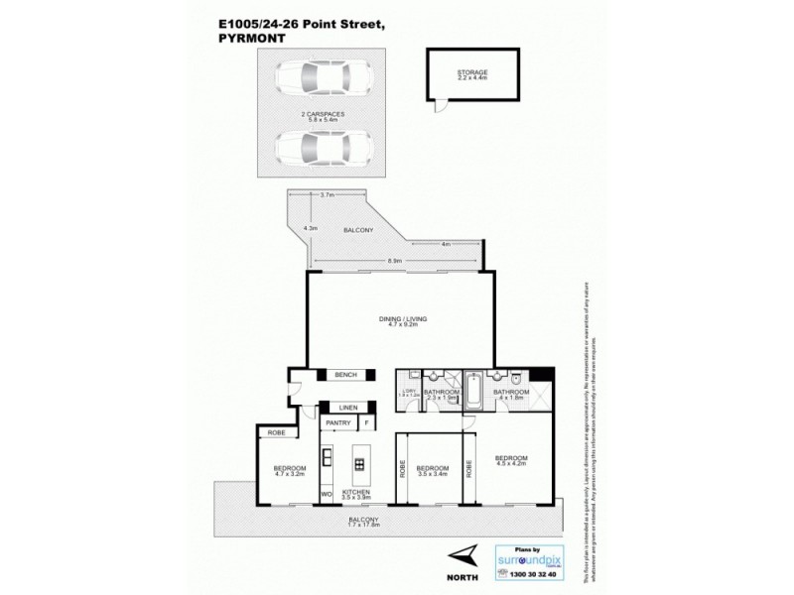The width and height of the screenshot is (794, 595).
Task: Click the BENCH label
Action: [x=345, y=374]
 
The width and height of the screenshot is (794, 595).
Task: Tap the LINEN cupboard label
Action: [x=346, y=408]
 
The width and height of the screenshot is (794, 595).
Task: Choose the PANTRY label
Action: [x=338, y=424]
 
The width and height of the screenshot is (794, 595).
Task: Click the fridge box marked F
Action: [x=368, y=424]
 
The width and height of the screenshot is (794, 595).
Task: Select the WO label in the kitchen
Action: [x=325, y=492]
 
